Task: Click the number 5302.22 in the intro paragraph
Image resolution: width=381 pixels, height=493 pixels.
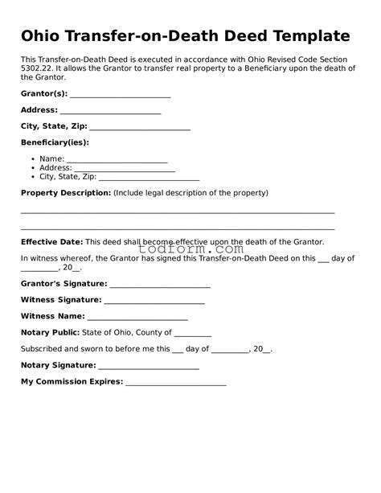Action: point(38,68)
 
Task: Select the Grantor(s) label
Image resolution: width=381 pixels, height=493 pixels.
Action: point(43,94)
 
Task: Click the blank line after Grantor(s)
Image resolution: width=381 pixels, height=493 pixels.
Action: point(120,96)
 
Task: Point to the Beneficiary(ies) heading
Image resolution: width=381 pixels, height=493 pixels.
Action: point(55,142)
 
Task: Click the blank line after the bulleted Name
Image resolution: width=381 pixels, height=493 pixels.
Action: point(116,160)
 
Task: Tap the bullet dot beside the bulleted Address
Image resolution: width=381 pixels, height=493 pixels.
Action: point(31,168)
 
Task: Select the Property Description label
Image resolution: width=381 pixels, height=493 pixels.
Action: point(65,193)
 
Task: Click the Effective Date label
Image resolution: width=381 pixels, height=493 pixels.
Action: point(51,241)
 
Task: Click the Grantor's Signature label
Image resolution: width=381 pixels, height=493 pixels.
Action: point(63,284)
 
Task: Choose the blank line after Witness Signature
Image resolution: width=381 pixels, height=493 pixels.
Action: point(154,302)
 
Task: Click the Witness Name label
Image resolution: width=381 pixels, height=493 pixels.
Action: point(52,316)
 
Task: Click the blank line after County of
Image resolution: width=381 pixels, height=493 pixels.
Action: point(192,334)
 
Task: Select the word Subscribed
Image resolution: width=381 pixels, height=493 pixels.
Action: point(42,349)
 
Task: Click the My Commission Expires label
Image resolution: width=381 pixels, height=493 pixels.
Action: point(72,381)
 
